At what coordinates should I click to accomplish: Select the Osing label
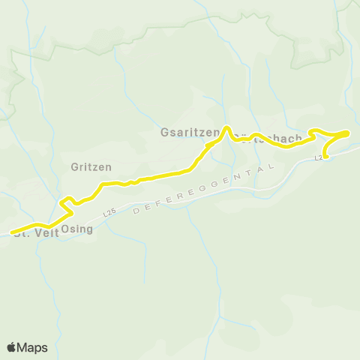coord(76,229)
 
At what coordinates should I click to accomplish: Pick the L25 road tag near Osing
coord(110,213)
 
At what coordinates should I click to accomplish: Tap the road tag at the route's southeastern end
coord(318,157)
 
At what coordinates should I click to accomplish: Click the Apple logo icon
coord(12,347)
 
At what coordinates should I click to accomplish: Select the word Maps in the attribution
coord(32,347)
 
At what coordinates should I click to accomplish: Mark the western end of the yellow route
coord(12,232)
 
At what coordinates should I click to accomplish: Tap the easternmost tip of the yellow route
coord(348,132)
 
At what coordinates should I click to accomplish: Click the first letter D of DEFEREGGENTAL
coord(135,213)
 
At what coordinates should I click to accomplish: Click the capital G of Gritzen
coord(74,166)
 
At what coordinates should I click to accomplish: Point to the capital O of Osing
coord(65,229)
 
